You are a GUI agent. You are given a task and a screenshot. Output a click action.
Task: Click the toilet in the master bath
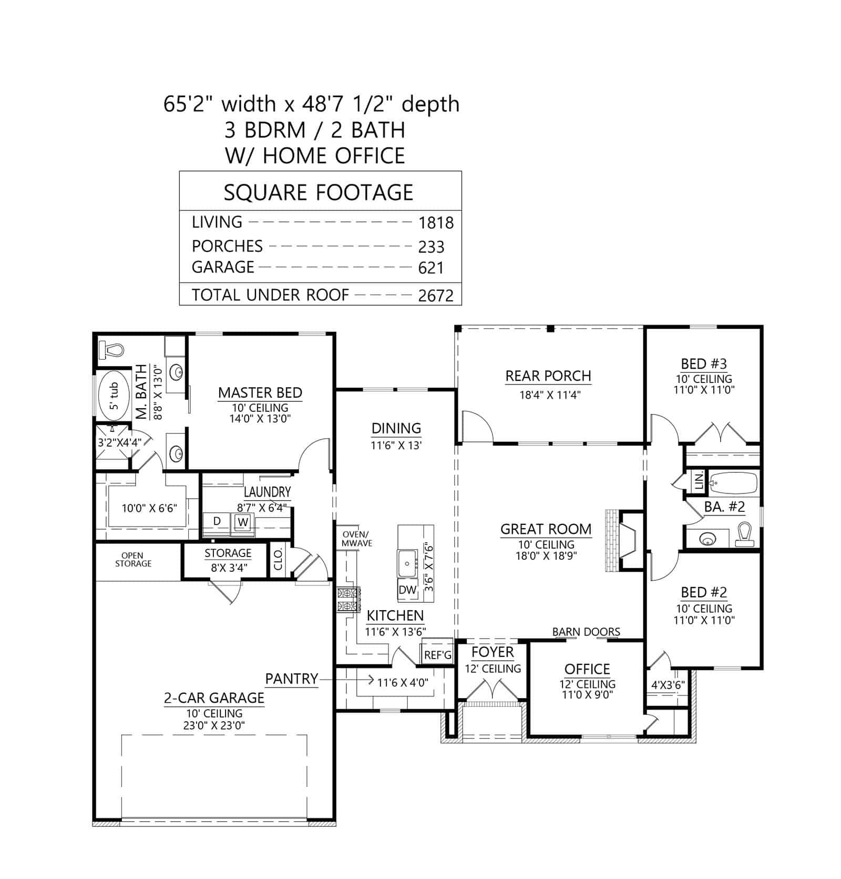pyautogui.click(x=111, y=349)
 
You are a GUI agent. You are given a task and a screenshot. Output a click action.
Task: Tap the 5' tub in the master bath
pyautogui.click(x=112, y=396)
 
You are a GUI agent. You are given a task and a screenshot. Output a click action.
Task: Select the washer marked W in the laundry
pyautogui.click(x=242, y=522)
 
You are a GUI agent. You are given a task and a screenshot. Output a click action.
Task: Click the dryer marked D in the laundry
pyautogui.click(x=217, y=521)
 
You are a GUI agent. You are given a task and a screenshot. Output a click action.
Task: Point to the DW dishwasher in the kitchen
pyautogui.click(x=407, y=590)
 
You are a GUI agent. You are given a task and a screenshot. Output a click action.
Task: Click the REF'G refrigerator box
pyautogui.click(x=437, y=655)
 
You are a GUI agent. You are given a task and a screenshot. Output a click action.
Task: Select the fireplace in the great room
pyautogui.click(x=624, y=540)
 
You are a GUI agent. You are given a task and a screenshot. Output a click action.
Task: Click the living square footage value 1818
pyautogui.click(x=436, y=223)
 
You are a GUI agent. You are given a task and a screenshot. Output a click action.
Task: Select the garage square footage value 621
pyautogui.click(x=431, y=268)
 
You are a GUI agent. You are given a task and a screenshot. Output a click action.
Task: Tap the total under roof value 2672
pyautogui.click(x=436, y=296)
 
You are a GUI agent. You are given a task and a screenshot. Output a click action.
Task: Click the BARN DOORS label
pyautogui.click(x=586, y=632)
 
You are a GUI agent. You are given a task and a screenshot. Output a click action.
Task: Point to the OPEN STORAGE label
pyautogui.click(x=133, y=559)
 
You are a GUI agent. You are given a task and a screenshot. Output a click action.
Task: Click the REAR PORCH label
pyautogui.click(x=548, y=376)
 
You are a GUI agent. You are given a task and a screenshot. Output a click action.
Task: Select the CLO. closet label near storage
pyautogui.click(x=278, y=560)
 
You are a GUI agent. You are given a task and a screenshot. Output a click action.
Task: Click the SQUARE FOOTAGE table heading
pyautogui.click(x=319, y=193)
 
